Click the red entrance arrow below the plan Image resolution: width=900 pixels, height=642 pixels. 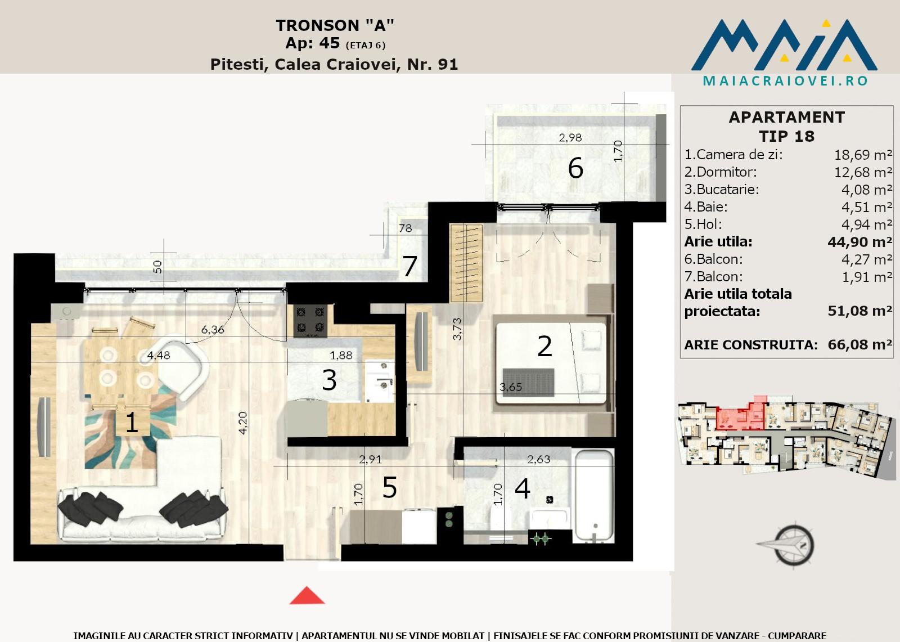point(307,595)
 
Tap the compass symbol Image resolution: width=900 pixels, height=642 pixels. point(788,546)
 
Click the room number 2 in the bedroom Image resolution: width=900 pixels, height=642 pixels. point(544,346)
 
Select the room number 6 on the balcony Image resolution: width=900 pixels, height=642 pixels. point(575,168)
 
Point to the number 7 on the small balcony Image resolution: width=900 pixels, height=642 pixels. point(409,266)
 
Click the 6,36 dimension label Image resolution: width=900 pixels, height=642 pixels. point(213,330)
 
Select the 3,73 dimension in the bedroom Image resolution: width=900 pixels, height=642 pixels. point(457,329)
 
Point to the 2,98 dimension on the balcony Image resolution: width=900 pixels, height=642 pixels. point(570,138)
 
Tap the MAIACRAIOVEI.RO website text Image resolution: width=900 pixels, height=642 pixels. point(785,81)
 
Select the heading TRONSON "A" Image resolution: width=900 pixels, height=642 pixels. point(335,25)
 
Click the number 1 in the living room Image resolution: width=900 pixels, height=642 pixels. point(132,423)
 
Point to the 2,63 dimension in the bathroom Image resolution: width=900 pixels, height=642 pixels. point(538,459)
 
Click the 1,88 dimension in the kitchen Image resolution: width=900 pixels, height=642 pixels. point(341,355)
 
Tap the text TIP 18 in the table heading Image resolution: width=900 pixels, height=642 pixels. point(786,136)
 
